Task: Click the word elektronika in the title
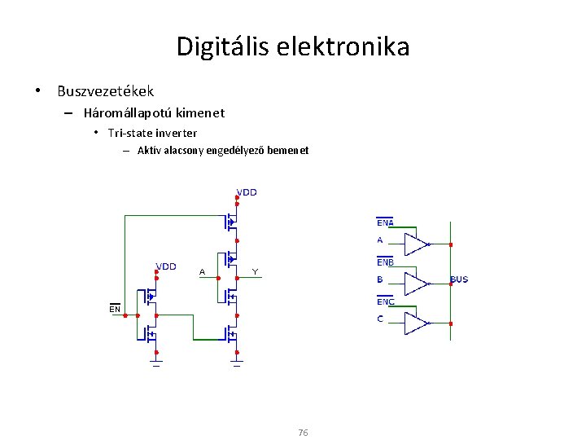click(347, 46)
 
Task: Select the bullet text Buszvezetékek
click(105, 91)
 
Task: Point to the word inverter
click(175, 133)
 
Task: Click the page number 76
click(303, 432)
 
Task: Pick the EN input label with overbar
click(115, 310)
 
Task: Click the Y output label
click(255, 271)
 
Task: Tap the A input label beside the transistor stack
click(202, 271)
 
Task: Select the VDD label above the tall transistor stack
click(246, 193)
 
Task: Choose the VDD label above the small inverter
click(165, 266)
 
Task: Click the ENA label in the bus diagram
click(385, 222)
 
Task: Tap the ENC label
click(385, 301)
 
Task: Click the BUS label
click(459, 279)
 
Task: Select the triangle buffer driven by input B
click(417, 284)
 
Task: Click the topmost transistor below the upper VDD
click(231, 221)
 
